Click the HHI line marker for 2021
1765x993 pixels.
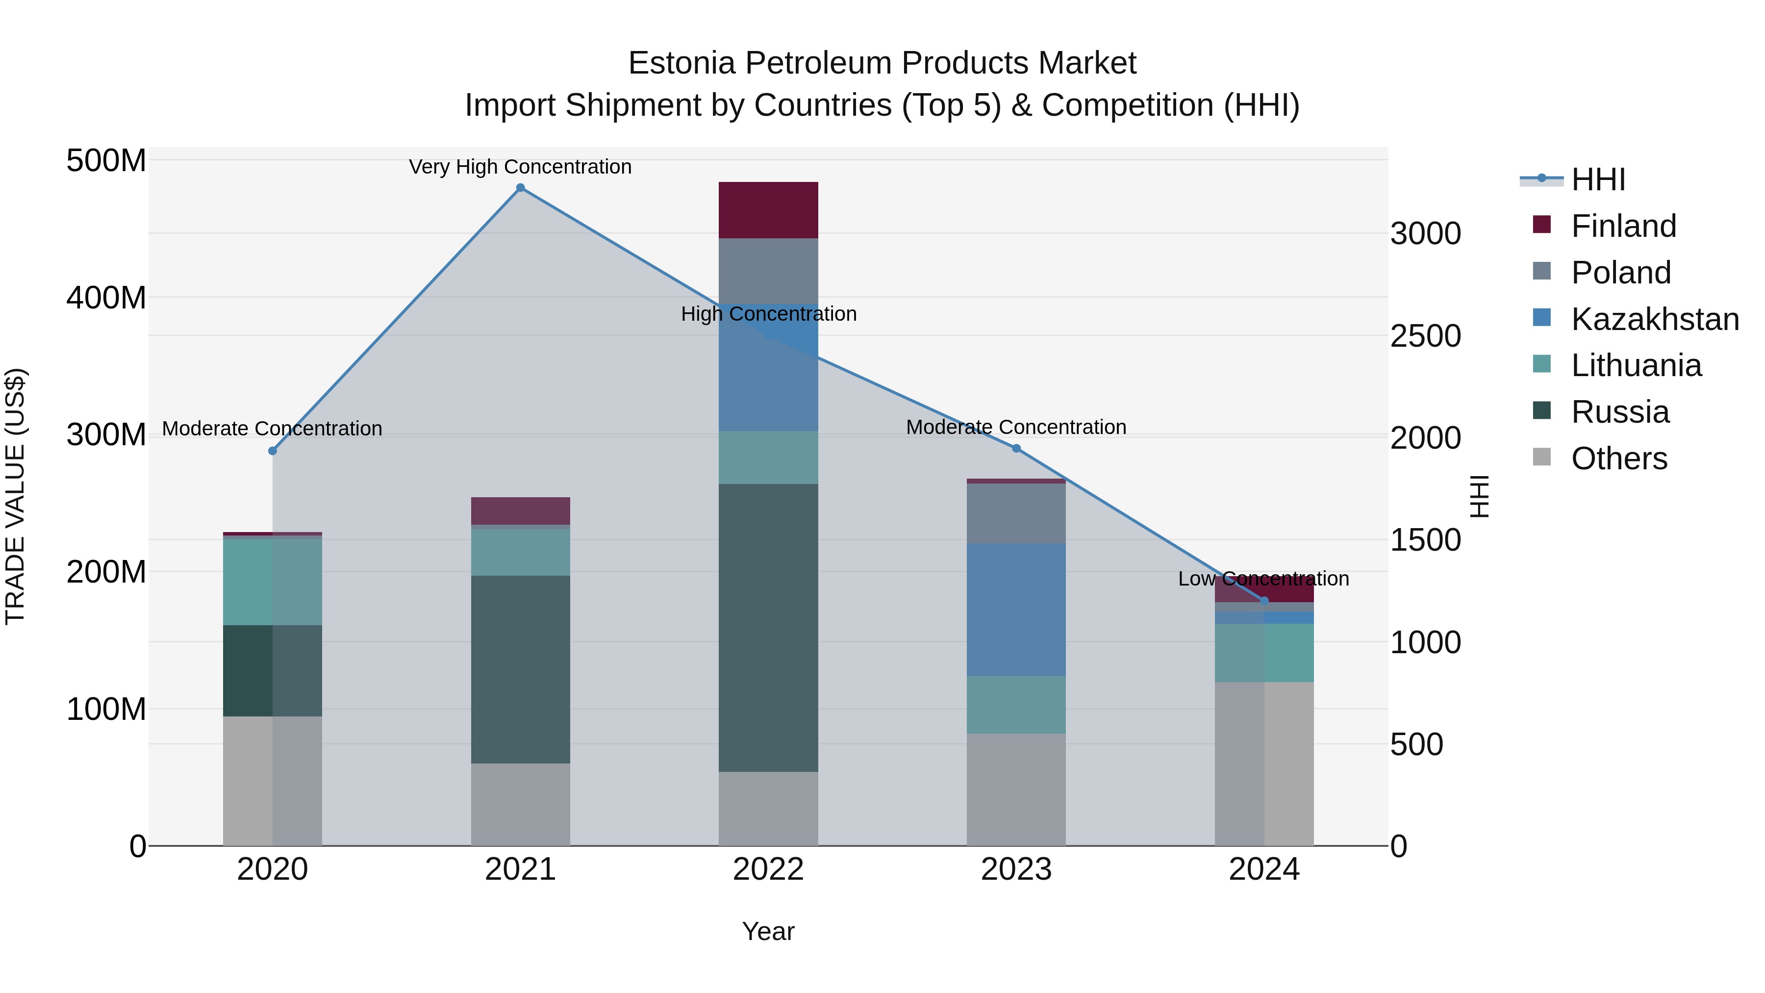click(x=520, y=188)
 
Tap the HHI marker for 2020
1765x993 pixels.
click(x=273, y=451)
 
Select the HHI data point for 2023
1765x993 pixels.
click(x=1016, y=448)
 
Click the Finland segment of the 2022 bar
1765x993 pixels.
click(x=768, y=210)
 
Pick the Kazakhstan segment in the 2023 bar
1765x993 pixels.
click(x=1016, y=610)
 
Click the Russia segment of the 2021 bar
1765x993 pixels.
click(x=520, y=669)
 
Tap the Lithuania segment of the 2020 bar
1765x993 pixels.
click(x=273, y=582)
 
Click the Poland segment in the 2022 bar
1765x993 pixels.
click(x=768, y=271)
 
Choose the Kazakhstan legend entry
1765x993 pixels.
click(x=1655, y=319)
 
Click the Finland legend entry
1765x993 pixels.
click(x=1623, y=226)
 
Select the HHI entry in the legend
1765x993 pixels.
click(x=1598, y=179)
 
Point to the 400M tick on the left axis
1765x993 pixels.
click(x=106, y=298)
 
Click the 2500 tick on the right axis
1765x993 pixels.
click(x=1425, y=336)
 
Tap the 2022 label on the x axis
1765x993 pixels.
click(x=768, y=869)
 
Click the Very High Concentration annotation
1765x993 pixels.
click(x=520, y=167)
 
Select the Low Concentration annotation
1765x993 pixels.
click(x=1263, y=579)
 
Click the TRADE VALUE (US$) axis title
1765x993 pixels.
click(x=15, y=496)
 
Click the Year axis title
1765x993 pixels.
click(x=768, y=931)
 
